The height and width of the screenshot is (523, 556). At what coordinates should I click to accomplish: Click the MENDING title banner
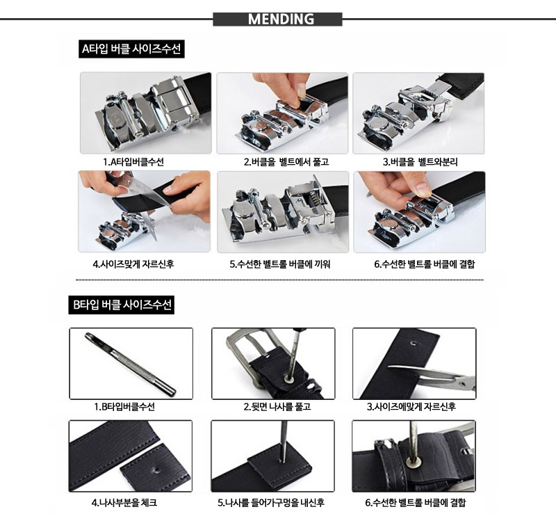(277, 19)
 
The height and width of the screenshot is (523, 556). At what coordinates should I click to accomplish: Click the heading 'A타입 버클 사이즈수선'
(131, 49)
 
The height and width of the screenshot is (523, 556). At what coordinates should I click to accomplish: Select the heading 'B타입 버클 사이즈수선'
(121, 305)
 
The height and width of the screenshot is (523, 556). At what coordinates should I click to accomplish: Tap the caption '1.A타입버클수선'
(133, 162)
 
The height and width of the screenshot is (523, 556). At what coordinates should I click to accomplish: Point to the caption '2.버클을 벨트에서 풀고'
(286, 162)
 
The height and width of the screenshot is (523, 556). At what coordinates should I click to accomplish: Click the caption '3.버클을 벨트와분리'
(420, 162)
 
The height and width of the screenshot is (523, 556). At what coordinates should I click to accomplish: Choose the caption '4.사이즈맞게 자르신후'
(133, 264)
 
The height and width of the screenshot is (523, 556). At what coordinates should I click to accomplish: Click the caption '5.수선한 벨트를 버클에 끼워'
(280, 264)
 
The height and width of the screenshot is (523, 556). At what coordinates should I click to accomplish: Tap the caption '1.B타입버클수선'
(124, 407)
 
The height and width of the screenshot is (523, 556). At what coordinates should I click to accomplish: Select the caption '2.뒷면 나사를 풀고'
(277, 407)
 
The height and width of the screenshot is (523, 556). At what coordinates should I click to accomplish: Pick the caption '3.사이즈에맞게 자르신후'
(411, 407)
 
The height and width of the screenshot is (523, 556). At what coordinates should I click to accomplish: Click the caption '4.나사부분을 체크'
(124, 503)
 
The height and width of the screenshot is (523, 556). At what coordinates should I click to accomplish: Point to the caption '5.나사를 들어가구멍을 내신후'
(271, 503)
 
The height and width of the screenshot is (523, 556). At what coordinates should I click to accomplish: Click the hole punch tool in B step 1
(131, 364)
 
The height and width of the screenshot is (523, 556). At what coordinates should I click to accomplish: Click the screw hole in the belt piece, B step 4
(156, 471)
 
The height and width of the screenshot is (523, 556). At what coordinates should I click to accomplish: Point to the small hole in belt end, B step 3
(413, 343)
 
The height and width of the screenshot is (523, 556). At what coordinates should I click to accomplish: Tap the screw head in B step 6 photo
(413, 461)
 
